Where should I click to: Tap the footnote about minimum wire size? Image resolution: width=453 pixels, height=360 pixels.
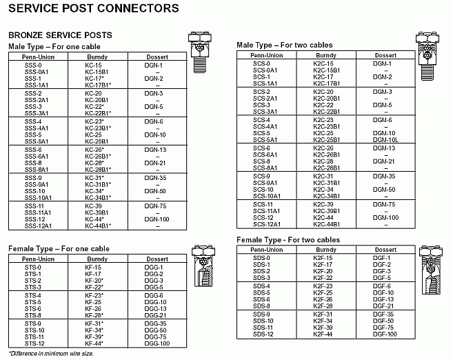[50, 353]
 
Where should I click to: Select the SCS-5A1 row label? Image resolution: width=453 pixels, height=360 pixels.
[265, 139]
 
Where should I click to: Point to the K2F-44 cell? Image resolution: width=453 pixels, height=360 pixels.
[323, 334]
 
